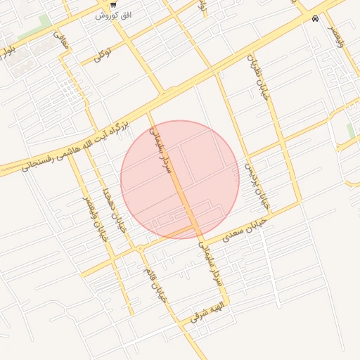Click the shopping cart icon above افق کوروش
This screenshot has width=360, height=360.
pos(112,5)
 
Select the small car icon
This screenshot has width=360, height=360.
pos(315,19)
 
